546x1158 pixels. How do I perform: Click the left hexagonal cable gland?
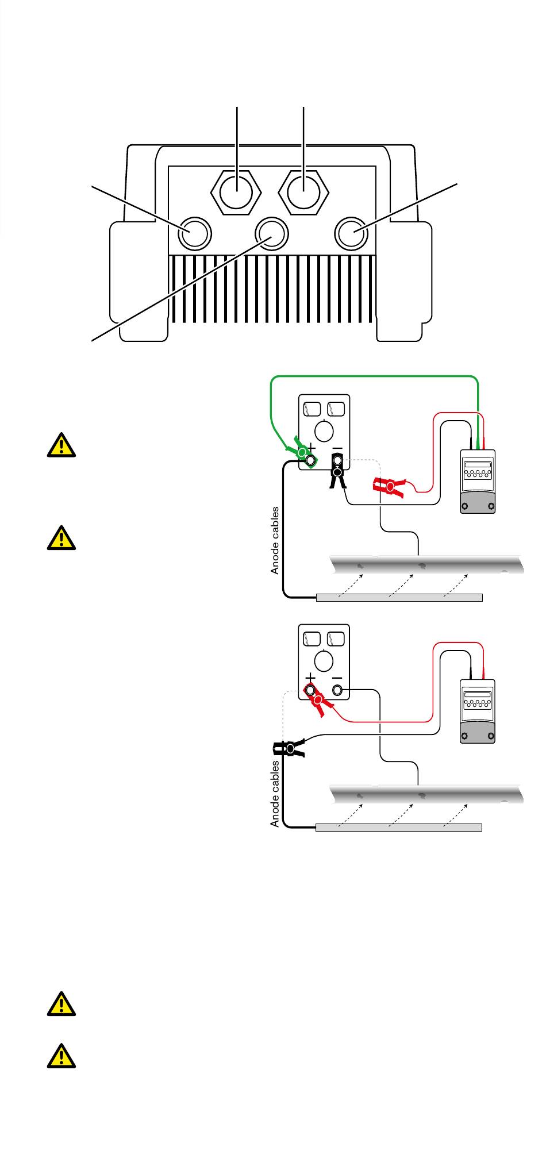(x=237, y=191)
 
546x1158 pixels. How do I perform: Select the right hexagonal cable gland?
(x=303, y=191)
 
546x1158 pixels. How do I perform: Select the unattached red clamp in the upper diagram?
(x=390, y=486)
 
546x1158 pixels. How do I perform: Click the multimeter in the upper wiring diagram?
(x=478, y=481)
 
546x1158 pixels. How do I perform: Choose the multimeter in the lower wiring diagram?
(x=478, y=711)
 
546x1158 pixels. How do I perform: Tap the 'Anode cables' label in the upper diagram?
(x=275, y=540)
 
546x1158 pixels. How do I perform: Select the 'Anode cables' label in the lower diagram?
(x=275, y=794)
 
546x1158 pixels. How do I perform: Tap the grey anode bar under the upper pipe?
(x=399, y=598)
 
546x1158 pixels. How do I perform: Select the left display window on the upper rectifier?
(x=312, y=409)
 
